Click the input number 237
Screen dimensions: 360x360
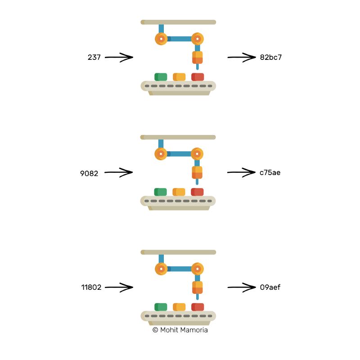click(94, 58)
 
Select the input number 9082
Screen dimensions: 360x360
click(89, 172)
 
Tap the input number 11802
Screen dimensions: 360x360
click(91, 287)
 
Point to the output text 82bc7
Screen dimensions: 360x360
click(271, 58)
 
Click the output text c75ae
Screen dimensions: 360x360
click(270, 172)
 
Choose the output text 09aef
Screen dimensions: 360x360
click(270, 287)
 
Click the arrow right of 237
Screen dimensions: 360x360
click(119, 57)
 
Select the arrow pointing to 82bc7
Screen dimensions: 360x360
click(241, 57)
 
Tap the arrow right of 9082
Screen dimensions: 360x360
click(119, 172)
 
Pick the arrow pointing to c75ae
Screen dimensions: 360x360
click(241, 172)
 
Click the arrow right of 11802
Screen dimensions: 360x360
click(119, 287)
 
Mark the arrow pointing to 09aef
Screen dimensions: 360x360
click(241, 287)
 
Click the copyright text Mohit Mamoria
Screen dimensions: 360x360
click(180, 330)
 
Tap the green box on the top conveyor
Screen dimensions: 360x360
click(161, 77)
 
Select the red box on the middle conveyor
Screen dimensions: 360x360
click(197, 192)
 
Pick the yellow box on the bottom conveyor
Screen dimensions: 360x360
click(179, 307)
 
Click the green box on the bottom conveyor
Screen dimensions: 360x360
click(161, 307)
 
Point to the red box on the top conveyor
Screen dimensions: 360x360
click(198, 77)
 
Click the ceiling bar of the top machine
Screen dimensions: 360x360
click(178, 22)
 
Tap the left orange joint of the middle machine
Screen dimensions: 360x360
click(161, 154)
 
